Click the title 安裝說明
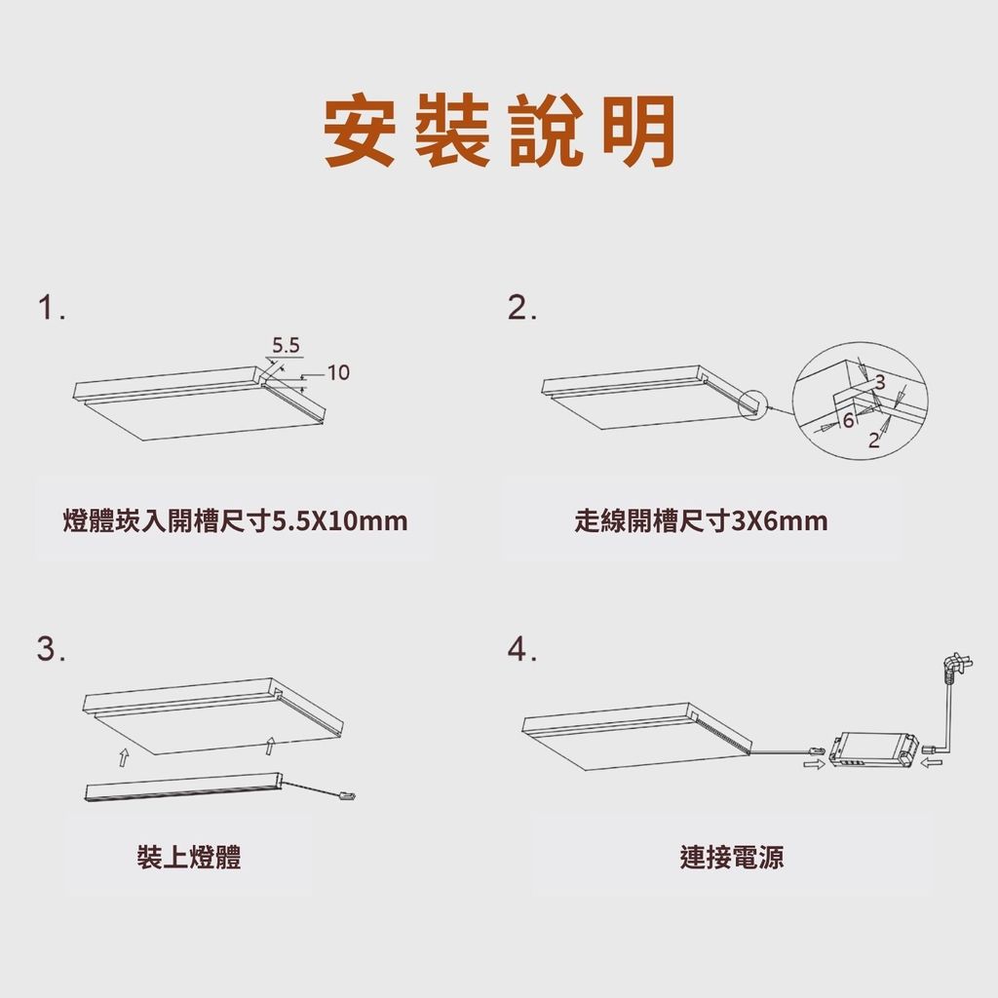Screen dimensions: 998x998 (499, 131)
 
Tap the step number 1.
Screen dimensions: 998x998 (51, 308)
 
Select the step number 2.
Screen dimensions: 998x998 (522, 308)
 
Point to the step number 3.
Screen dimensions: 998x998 (51, 649)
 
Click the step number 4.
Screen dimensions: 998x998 (522, 649)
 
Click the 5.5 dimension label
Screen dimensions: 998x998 (286, 346)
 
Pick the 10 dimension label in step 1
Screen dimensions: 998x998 (338, 372)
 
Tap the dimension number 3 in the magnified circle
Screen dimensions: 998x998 (880, 382)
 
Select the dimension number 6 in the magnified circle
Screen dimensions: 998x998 (848, 421)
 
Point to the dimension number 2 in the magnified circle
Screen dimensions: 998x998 (874, 440)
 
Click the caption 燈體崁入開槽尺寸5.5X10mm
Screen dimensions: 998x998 (235, 520)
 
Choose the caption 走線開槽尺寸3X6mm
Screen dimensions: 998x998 (701, 520)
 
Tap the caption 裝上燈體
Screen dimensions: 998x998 (189, 857)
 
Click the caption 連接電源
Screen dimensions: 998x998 (731, 857)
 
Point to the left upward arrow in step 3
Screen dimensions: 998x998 (124, 757)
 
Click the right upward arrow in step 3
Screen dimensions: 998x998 (270, 746)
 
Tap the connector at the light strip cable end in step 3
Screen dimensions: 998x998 (346, 795)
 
